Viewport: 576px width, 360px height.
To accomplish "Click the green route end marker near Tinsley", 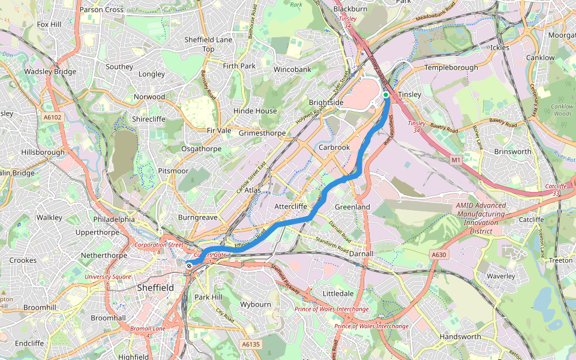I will click(386, 95).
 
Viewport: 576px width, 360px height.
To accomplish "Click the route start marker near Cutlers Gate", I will click(189, 265).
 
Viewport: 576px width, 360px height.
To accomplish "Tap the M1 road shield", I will click(456, 160).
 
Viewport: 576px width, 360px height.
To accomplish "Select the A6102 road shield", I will click(52, 118).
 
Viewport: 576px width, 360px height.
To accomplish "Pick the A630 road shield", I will click(439, 255).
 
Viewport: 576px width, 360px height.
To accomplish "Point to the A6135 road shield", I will click(251, 344).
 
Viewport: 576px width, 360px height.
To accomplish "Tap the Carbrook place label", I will click(334, 147).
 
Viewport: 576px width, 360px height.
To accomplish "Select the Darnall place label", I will click(361, 254).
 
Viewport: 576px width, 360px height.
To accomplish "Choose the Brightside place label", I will click(326, 103).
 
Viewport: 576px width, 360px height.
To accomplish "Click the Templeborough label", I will click(451, 68).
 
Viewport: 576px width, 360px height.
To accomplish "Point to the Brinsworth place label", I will click(512, 152).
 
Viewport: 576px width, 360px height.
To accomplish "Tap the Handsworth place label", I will click(460, 337).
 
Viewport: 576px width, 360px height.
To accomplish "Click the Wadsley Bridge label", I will click(50, 72).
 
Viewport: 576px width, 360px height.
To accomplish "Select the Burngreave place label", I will click(197, 217).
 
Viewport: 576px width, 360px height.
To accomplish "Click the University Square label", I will click(107, 277).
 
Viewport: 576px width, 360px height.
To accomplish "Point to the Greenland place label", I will click(352, 206).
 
